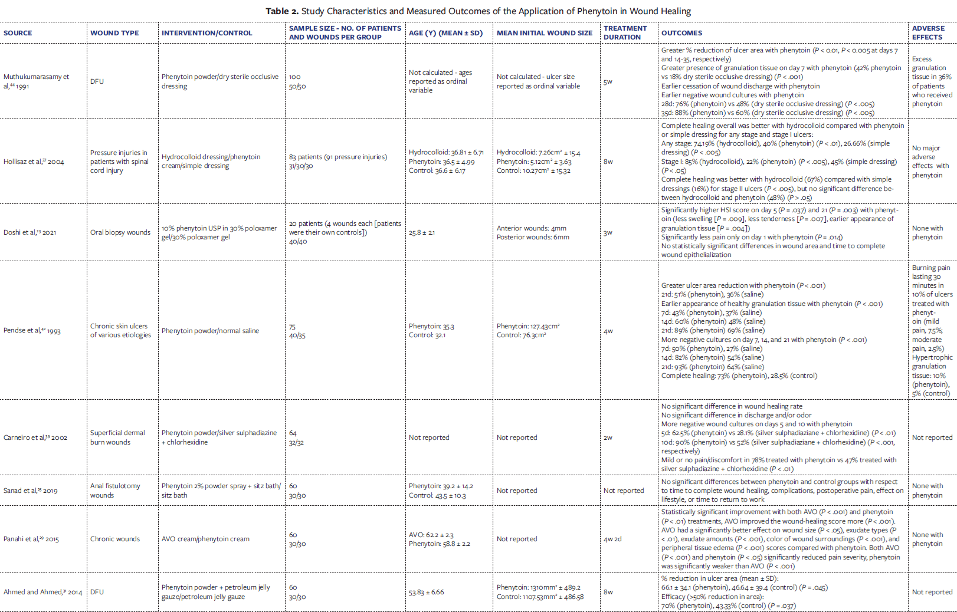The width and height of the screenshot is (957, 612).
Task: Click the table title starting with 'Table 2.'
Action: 478,11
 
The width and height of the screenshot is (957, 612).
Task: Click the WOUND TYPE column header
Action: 114,33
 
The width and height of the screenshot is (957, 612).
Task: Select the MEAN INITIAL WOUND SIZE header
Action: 544,33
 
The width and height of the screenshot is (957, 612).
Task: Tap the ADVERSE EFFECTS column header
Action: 928,32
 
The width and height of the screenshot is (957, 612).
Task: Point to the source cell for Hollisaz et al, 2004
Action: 34,162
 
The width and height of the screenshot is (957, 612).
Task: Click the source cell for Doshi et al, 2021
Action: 30,232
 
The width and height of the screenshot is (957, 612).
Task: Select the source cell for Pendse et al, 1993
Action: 32,331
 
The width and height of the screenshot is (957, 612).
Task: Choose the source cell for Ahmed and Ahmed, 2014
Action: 42,592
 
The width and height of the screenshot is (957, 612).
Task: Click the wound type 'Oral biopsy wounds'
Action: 120,232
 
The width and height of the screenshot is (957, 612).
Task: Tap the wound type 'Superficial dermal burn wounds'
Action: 117,437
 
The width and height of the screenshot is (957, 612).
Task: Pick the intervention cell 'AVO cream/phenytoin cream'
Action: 205,539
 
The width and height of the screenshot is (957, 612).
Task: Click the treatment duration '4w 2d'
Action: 612,539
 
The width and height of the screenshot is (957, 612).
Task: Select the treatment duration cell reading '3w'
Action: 608,232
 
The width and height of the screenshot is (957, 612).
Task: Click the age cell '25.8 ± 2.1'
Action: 422,232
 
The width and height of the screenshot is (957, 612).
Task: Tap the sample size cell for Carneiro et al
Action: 296,437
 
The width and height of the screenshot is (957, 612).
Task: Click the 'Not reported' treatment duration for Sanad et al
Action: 624,491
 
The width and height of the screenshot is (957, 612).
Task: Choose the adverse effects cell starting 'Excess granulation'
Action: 932,81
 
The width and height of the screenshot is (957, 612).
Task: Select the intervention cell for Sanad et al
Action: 221,491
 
